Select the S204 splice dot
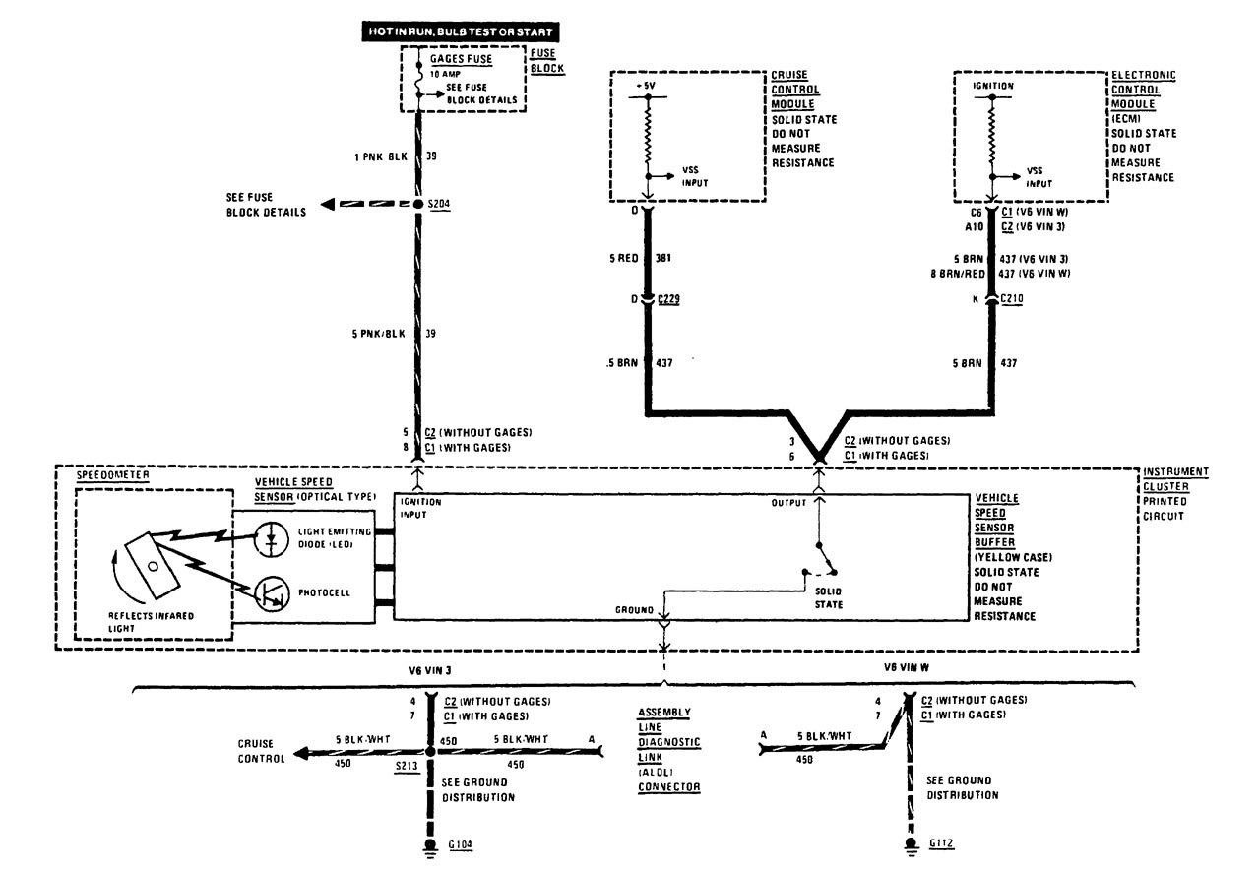pos(416,204)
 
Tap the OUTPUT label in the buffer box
pos(787,502)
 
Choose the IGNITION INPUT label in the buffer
pos(420,507)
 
